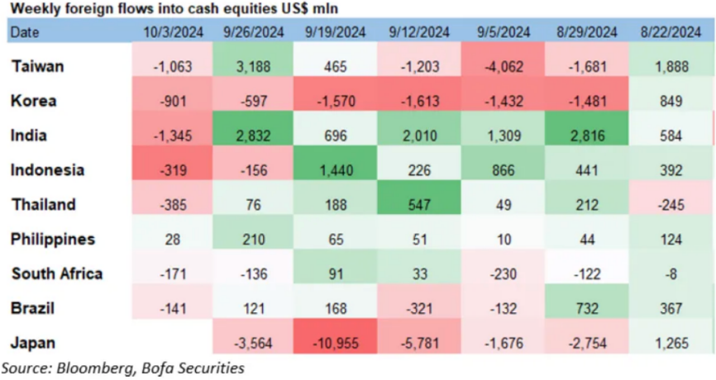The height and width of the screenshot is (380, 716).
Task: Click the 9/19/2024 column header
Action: coord(335,32)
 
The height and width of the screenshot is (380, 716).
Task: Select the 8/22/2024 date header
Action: coord(671,32)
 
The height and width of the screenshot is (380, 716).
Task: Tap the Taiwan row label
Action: coord(38,67)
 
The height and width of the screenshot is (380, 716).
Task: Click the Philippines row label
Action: coord(54,239)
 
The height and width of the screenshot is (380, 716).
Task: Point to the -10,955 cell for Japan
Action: coord(335,342)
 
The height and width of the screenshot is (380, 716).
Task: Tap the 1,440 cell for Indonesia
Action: coord(335,170)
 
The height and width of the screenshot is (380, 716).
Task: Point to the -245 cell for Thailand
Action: coord(671,205)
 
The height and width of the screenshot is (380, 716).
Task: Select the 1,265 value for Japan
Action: coord(671,342)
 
